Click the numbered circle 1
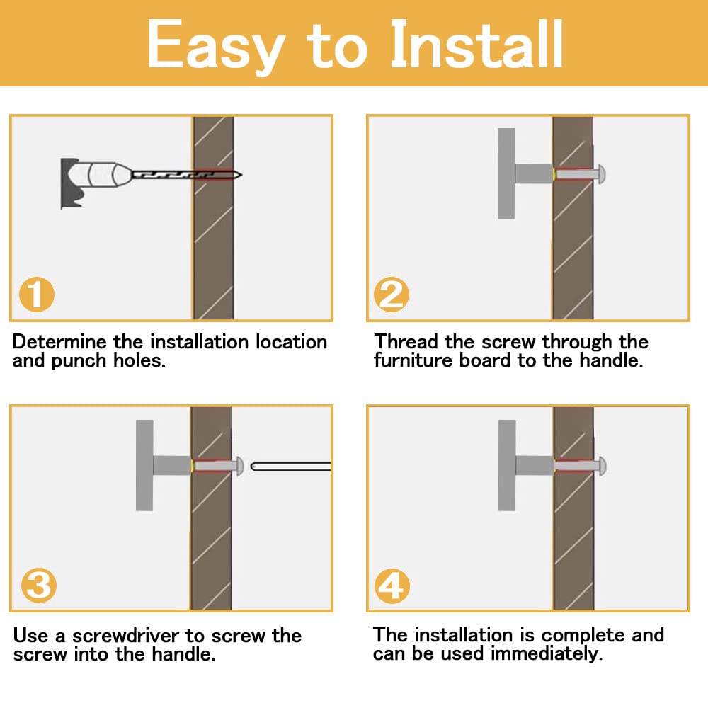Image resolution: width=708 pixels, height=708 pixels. (x=37, y=295)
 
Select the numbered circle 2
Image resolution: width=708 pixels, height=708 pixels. (x=392, y=295)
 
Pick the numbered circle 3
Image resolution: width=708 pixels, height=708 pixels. (x=39, y=586)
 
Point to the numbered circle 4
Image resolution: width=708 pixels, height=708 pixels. (x=392, y=586)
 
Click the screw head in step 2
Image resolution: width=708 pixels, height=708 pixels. (x=601, y=174)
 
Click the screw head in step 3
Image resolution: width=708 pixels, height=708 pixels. (x=240, y=466)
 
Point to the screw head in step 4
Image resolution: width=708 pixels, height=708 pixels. (x=602, y=466)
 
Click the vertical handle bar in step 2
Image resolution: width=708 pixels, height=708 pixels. (x=506, y=174)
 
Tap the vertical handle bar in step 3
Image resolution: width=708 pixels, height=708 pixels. (x=144, y=466)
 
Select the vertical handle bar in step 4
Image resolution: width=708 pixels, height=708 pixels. (x=507, y=466)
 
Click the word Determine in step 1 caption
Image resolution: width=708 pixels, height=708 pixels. (x=60, y=342)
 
